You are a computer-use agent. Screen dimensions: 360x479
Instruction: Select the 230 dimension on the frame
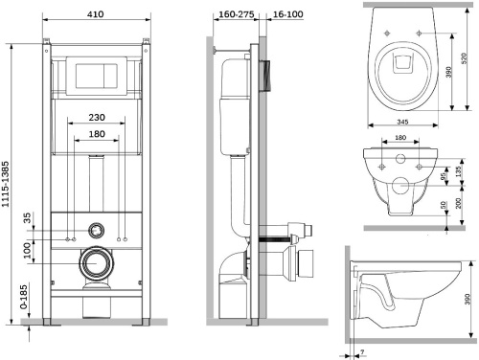[x=95, y=118]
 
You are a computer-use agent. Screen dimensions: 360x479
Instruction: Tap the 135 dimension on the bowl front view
[x=459, y=171]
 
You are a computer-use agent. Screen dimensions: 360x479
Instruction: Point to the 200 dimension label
[x=459, y=202]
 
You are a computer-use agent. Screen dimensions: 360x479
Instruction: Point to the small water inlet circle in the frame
[x=96, y=230]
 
